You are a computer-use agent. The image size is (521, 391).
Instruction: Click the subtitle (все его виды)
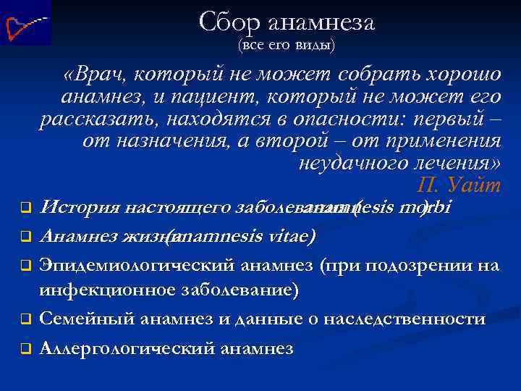(286, 46)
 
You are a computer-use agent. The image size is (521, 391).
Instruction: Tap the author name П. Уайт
(459, 185)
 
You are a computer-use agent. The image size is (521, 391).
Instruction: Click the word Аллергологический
(128, 348)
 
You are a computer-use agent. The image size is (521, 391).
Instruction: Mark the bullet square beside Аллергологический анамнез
(24, 348)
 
